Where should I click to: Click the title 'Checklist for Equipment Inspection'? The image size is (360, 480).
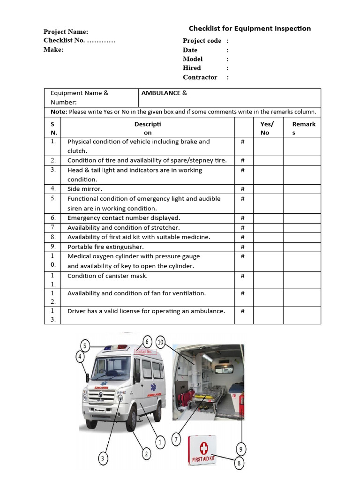tap(249, 29)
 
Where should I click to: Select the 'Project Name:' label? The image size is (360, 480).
tap(66, 32)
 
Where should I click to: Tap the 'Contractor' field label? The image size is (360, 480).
tap(200, 77)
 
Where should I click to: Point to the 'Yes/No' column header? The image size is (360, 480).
tap(267, 128)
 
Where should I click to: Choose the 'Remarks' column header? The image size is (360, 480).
tap(304, 128)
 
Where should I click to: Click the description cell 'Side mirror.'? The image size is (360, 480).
tap(85, 189)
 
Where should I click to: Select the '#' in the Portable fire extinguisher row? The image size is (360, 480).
tap(243, 247)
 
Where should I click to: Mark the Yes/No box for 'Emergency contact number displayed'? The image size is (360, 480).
tap(268, 218)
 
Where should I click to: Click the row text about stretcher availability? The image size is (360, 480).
tap(123, 227)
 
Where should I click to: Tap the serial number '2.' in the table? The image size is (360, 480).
tap(53, 160)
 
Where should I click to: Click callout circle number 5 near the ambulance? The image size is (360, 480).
tap(85, 346)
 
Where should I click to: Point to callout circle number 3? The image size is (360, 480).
tap(103, 458)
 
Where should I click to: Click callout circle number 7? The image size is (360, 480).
tap(176, 440)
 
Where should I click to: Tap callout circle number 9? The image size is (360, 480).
tap(241, 449)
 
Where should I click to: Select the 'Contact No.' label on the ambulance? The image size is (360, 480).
tap(143, 352)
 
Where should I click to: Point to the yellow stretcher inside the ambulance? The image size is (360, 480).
tap(206, 399)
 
